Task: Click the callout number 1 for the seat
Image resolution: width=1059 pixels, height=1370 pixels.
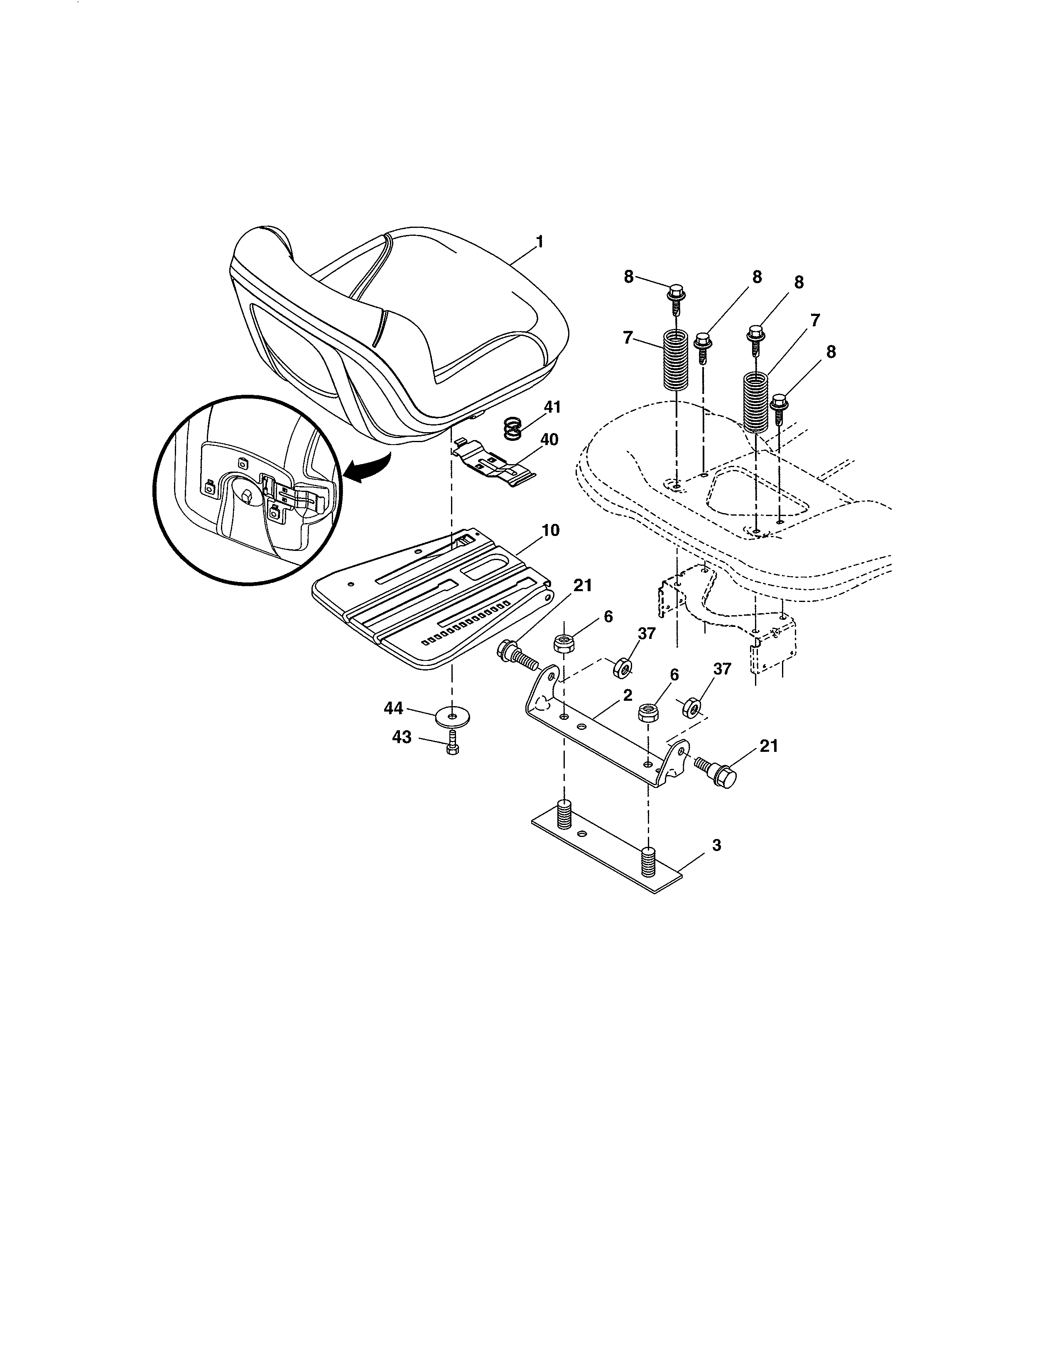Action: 539,242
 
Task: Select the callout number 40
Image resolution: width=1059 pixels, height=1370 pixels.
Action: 549,440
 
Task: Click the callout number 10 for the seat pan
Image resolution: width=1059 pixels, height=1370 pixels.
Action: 550,531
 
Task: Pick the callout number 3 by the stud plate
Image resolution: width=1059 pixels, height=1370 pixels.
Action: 716,846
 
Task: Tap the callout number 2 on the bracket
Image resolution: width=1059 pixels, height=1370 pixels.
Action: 628,695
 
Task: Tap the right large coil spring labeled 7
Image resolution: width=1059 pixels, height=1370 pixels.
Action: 756,401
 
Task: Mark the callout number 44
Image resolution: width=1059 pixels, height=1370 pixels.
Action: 393,708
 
